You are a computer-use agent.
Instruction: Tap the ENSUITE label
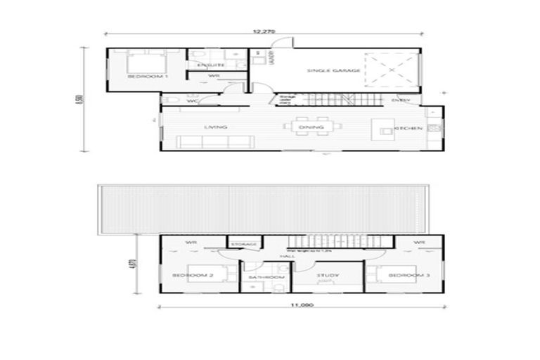pyautogui.click(x=210, y=65)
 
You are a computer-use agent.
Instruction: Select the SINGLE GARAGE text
pyautogui.click(x=334, y=71)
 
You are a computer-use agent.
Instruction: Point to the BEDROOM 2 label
pyautogui.click(x=193, y=276)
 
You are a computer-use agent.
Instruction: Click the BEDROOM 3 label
pyautogui.click(x=409, y=276)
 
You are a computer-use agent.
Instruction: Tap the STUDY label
pyautogui.click(x=328, y=276)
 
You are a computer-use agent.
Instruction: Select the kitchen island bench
pyautogui.click(x=384, y=129)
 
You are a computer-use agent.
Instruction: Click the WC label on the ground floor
pyautogui.click(x=191, y=101)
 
